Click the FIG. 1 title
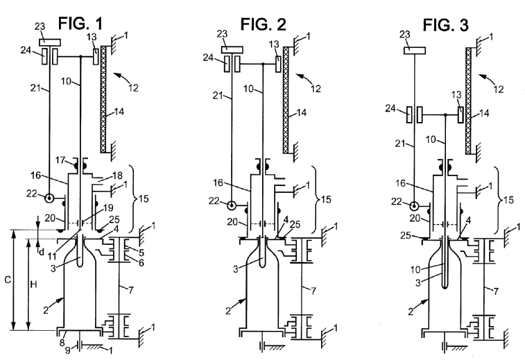click(80, 24)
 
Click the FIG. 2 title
click(263, 24)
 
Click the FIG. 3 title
click(446, 25)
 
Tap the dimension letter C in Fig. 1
click(8, 280)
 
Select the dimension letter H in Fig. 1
click(33, 284)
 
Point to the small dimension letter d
click(42, 252)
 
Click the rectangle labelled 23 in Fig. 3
click(415, 51)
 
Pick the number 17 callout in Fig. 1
click(60, 160)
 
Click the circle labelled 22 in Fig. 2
click(232, 205)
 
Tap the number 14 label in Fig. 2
click(302, 112)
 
